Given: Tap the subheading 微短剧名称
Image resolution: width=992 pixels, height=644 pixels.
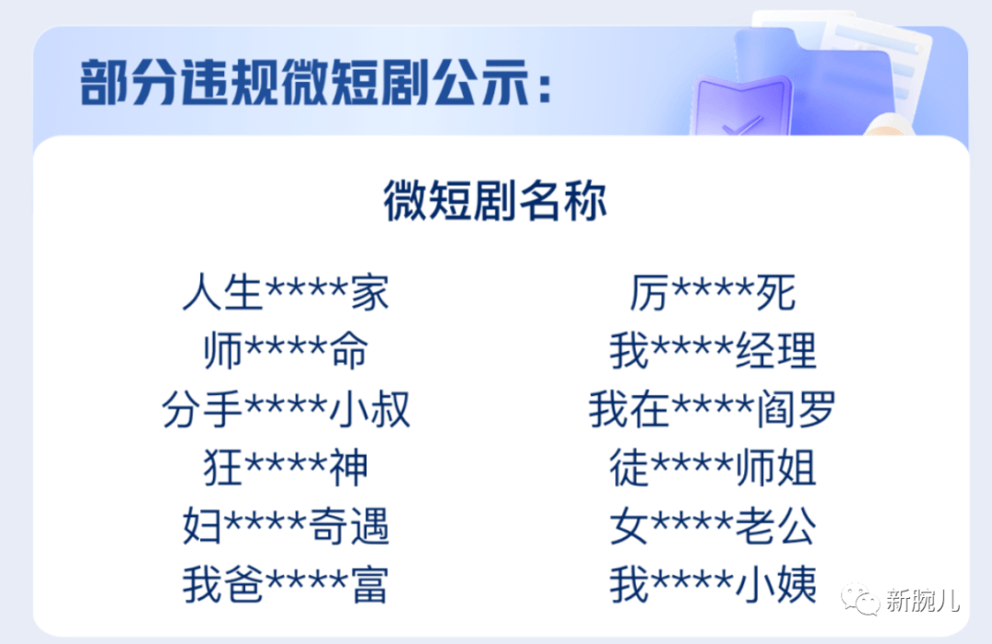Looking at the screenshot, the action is coord(495,201).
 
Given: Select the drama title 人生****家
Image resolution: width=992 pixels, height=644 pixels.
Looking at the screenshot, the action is coord(286,292).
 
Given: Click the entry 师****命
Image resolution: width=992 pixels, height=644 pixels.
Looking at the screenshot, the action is coord(286,350).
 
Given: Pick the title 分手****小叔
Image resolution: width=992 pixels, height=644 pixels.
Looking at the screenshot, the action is coord(286,409).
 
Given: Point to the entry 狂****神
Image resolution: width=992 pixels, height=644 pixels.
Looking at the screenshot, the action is coord(286,468).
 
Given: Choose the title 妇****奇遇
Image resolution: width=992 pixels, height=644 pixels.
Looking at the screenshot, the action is coord(286,525).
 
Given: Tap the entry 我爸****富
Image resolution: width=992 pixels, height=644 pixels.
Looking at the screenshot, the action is coord(286,584).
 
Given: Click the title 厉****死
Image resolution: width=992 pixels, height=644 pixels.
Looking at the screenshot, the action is coord(713,292).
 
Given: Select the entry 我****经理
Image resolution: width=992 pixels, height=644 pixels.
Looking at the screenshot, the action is coord(713,350).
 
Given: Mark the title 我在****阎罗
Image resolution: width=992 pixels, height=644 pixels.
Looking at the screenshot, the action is coord(713,409).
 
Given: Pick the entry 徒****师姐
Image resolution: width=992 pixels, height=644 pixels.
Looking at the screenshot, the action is coord(713,468).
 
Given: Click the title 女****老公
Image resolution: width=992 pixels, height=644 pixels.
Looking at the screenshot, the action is coord(713,525).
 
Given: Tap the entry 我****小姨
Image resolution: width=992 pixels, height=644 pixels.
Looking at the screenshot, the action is coord(713,584).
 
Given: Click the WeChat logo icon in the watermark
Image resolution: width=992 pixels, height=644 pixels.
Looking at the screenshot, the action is coord(860,598).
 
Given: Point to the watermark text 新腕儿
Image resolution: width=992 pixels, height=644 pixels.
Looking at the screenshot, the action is coord(923,599).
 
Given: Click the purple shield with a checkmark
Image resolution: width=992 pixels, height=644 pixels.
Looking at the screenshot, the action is coord(740,107).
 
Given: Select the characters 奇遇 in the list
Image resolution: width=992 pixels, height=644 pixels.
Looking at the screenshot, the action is coord(349,525).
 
